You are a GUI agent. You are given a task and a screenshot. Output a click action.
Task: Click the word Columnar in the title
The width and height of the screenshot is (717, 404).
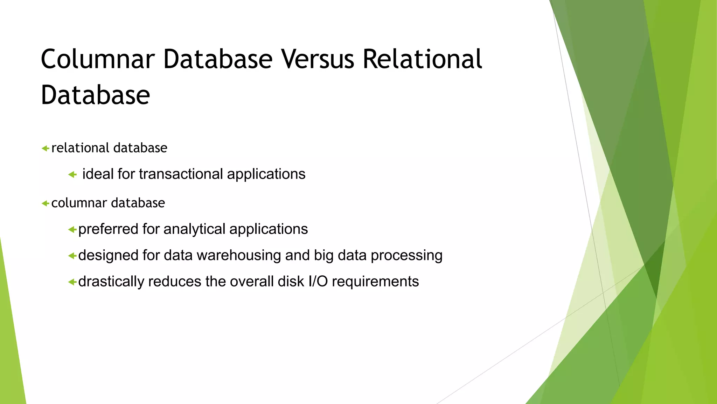tap(98, 59)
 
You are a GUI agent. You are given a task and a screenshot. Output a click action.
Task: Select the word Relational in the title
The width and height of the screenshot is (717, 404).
tap(422, 59)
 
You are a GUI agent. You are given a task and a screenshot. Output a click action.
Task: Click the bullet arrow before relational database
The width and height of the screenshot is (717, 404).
tap(45, 148)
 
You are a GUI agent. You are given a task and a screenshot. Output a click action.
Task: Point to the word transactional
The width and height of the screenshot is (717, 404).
tap(181, 174)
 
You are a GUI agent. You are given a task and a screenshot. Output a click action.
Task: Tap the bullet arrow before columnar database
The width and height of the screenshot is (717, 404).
tap(45, 203)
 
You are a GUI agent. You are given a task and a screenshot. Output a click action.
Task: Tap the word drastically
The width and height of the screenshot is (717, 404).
tap(111, 282)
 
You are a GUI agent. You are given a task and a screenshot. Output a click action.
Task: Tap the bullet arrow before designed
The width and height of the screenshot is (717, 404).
tap(72, 256)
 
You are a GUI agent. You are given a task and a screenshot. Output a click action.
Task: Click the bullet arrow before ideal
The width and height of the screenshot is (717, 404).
tap(72, 174)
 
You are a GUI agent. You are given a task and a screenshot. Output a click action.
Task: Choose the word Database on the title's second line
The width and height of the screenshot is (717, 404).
tap(95, 95)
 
